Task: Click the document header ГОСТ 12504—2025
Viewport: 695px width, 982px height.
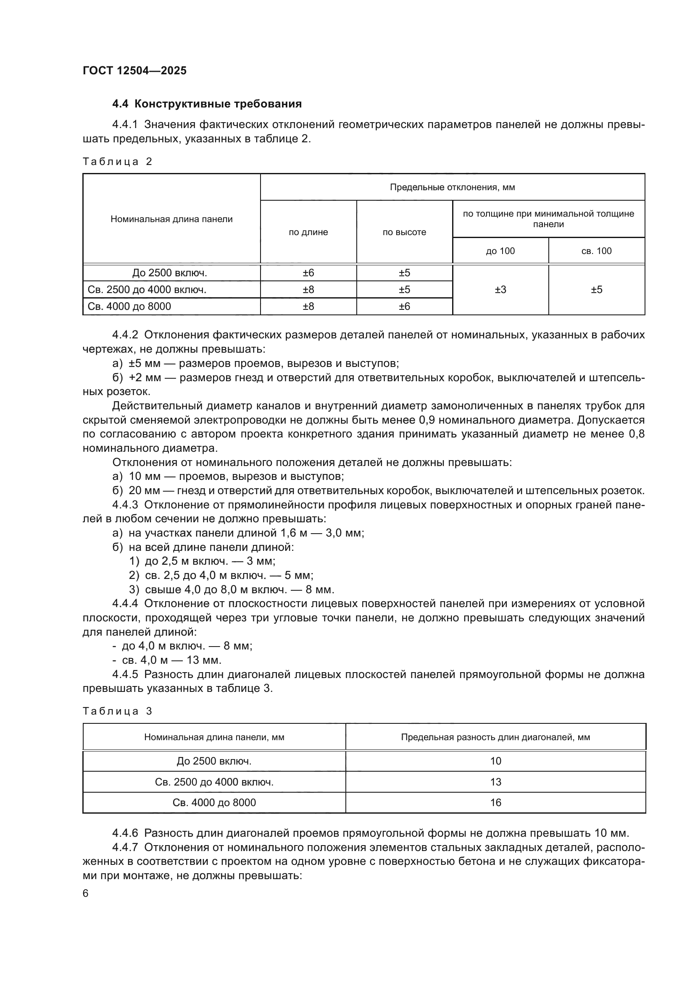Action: coord(135,71)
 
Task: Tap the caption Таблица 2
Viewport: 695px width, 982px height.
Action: coord(118,162)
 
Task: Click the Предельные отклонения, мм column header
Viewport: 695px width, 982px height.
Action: coord(453,187)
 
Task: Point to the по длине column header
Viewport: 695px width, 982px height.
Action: coord(308,232)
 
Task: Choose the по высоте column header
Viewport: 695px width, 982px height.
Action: coord(404,232)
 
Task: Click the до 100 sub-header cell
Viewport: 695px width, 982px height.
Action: coord(500,251)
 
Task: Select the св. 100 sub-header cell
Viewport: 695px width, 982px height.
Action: coord(597,251)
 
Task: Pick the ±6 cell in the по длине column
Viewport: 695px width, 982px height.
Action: coord(308,273)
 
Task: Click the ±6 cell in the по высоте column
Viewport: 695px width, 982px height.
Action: coord(404,306)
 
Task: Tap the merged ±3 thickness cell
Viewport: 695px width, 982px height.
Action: coord(500,290)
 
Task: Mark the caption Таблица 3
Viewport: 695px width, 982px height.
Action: coord(118,711)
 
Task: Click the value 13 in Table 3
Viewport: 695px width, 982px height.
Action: coord(495,782)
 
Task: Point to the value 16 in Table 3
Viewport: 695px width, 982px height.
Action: coord(495,803)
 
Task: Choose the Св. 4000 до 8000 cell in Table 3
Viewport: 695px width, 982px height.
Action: coord(214,803)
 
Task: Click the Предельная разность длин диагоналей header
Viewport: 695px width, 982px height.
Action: coord(495,737)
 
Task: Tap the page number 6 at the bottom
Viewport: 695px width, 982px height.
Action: coord(86,893)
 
